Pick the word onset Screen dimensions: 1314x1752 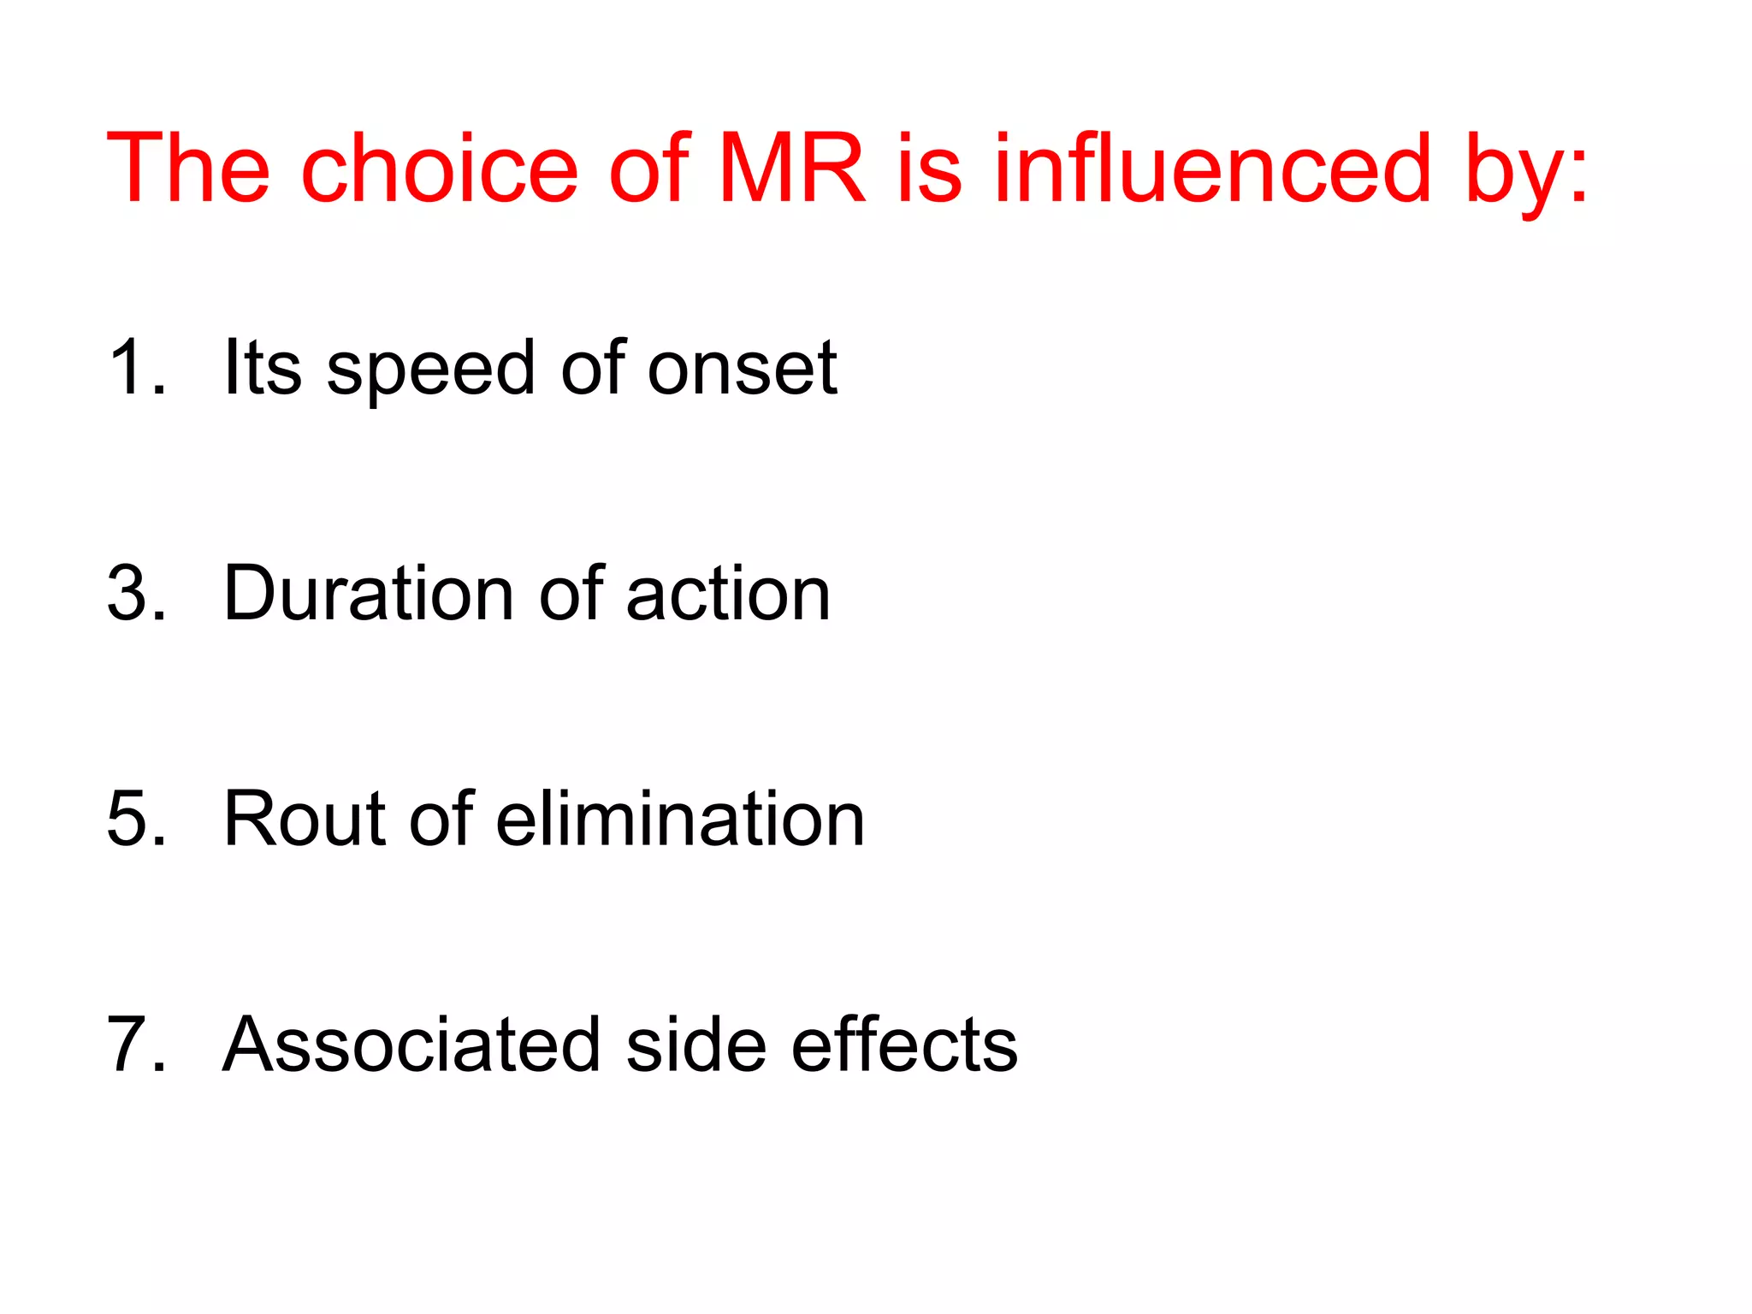742,370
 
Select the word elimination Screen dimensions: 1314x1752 680,819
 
